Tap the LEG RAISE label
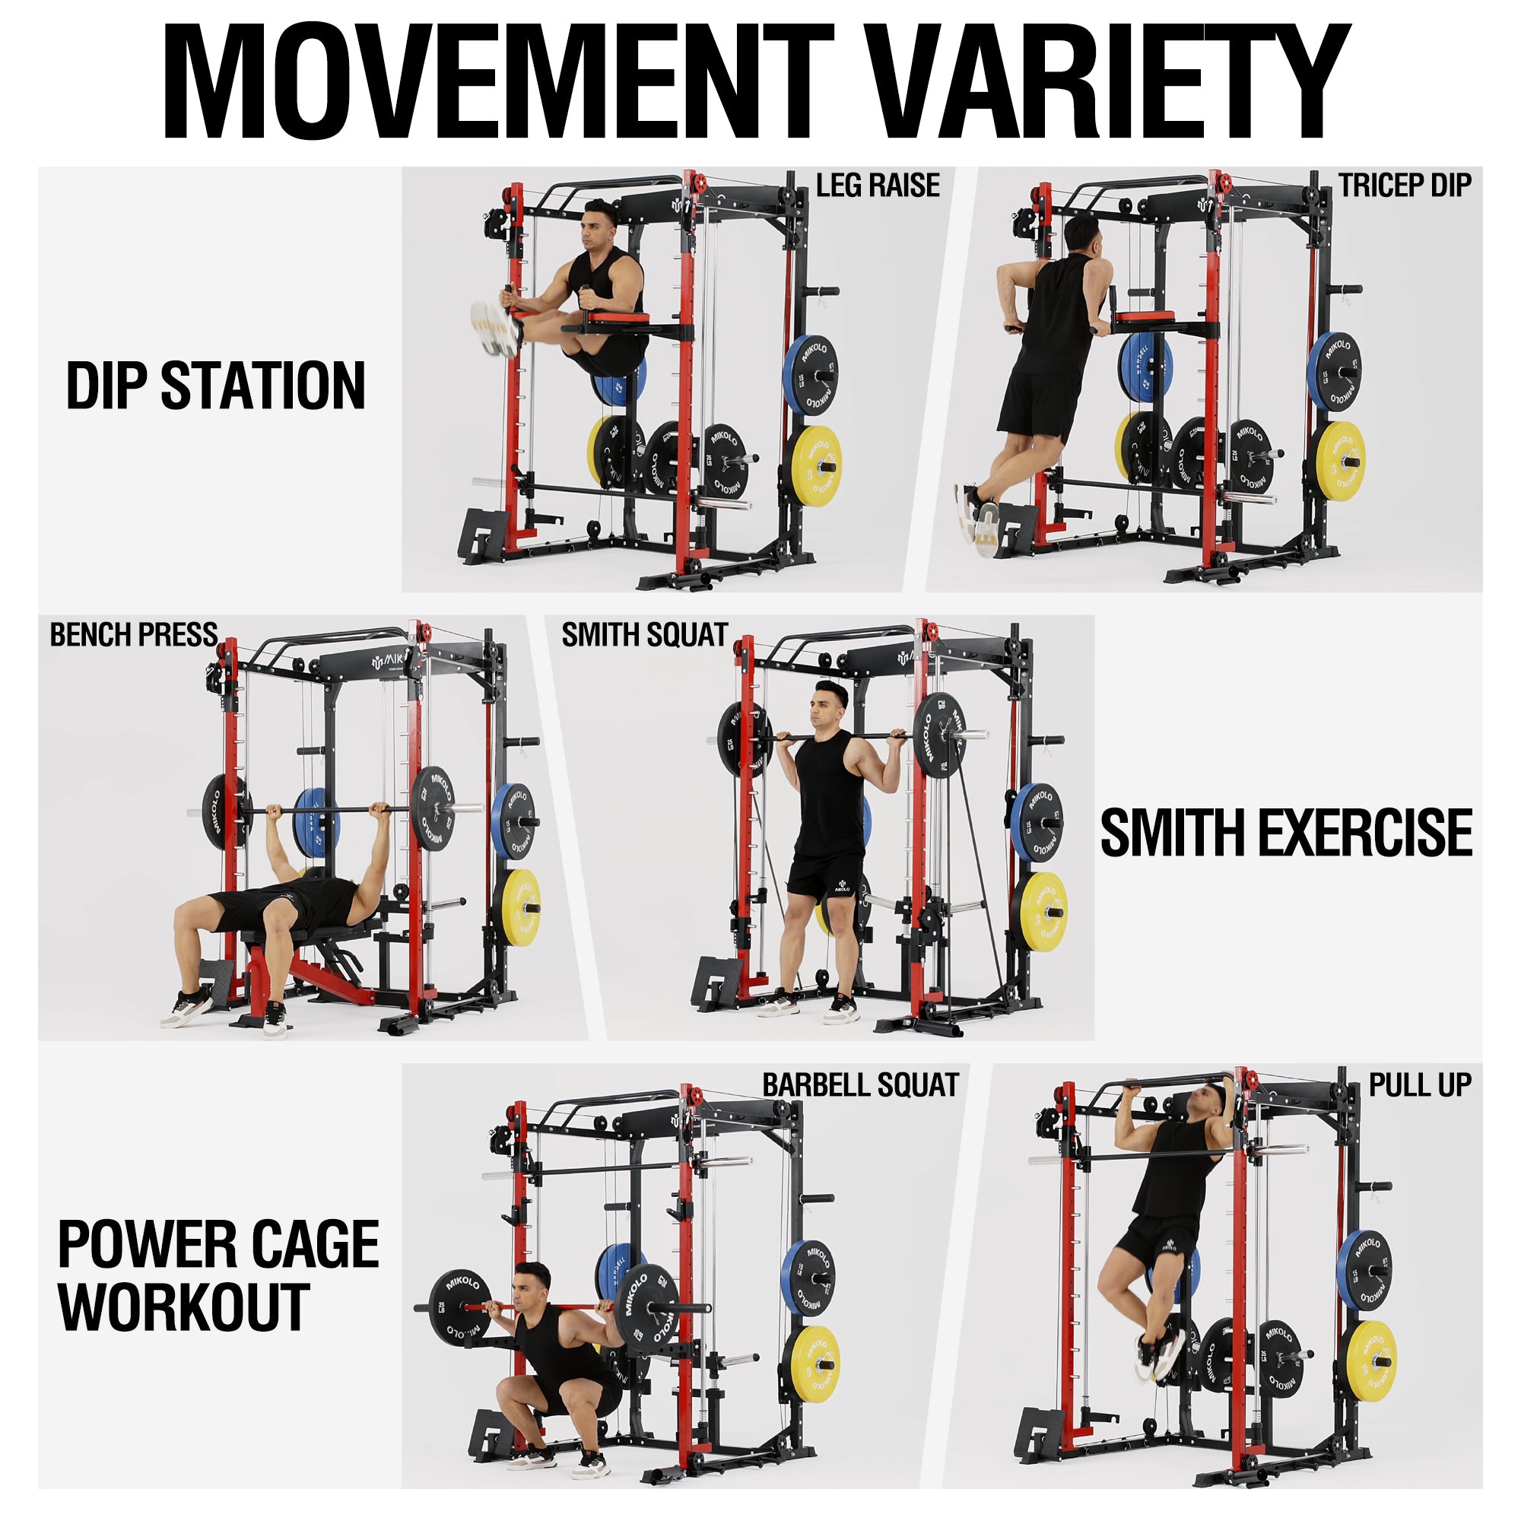[878, 186]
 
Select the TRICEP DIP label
[1405, 186]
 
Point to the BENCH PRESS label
[134, 634]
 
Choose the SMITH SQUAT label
[645, 634]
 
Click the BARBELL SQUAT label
[860, 1085]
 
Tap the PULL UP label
[1420, 1085]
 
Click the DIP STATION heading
[216, 386]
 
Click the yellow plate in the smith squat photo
[1041, 911]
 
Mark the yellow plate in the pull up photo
[1370, 1351]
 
